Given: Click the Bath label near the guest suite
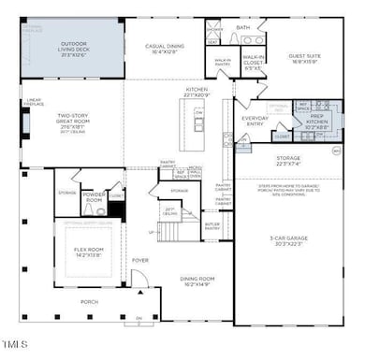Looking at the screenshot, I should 243,28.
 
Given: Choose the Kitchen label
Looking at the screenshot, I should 197,91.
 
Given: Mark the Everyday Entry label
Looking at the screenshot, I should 255,121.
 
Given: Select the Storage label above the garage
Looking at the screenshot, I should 288,161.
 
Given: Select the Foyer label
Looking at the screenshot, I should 139,261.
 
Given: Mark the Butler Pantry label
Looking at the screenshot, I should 212,226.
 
